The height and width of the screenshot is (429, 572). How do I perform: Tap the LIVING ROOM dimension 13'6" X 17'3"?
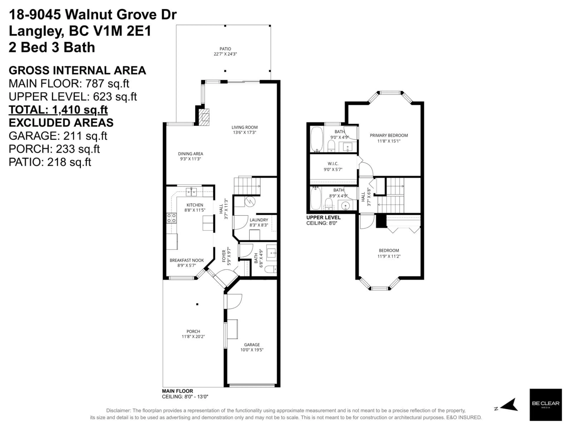[244, 132]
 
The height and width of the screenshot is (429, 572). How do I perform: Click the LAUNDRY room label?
[259, 220]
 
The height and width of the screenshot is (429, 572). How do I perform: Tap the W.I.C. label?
[333, 164]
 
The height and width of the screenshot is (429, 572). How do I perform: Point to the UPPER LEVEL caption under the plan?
[323, 217]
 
